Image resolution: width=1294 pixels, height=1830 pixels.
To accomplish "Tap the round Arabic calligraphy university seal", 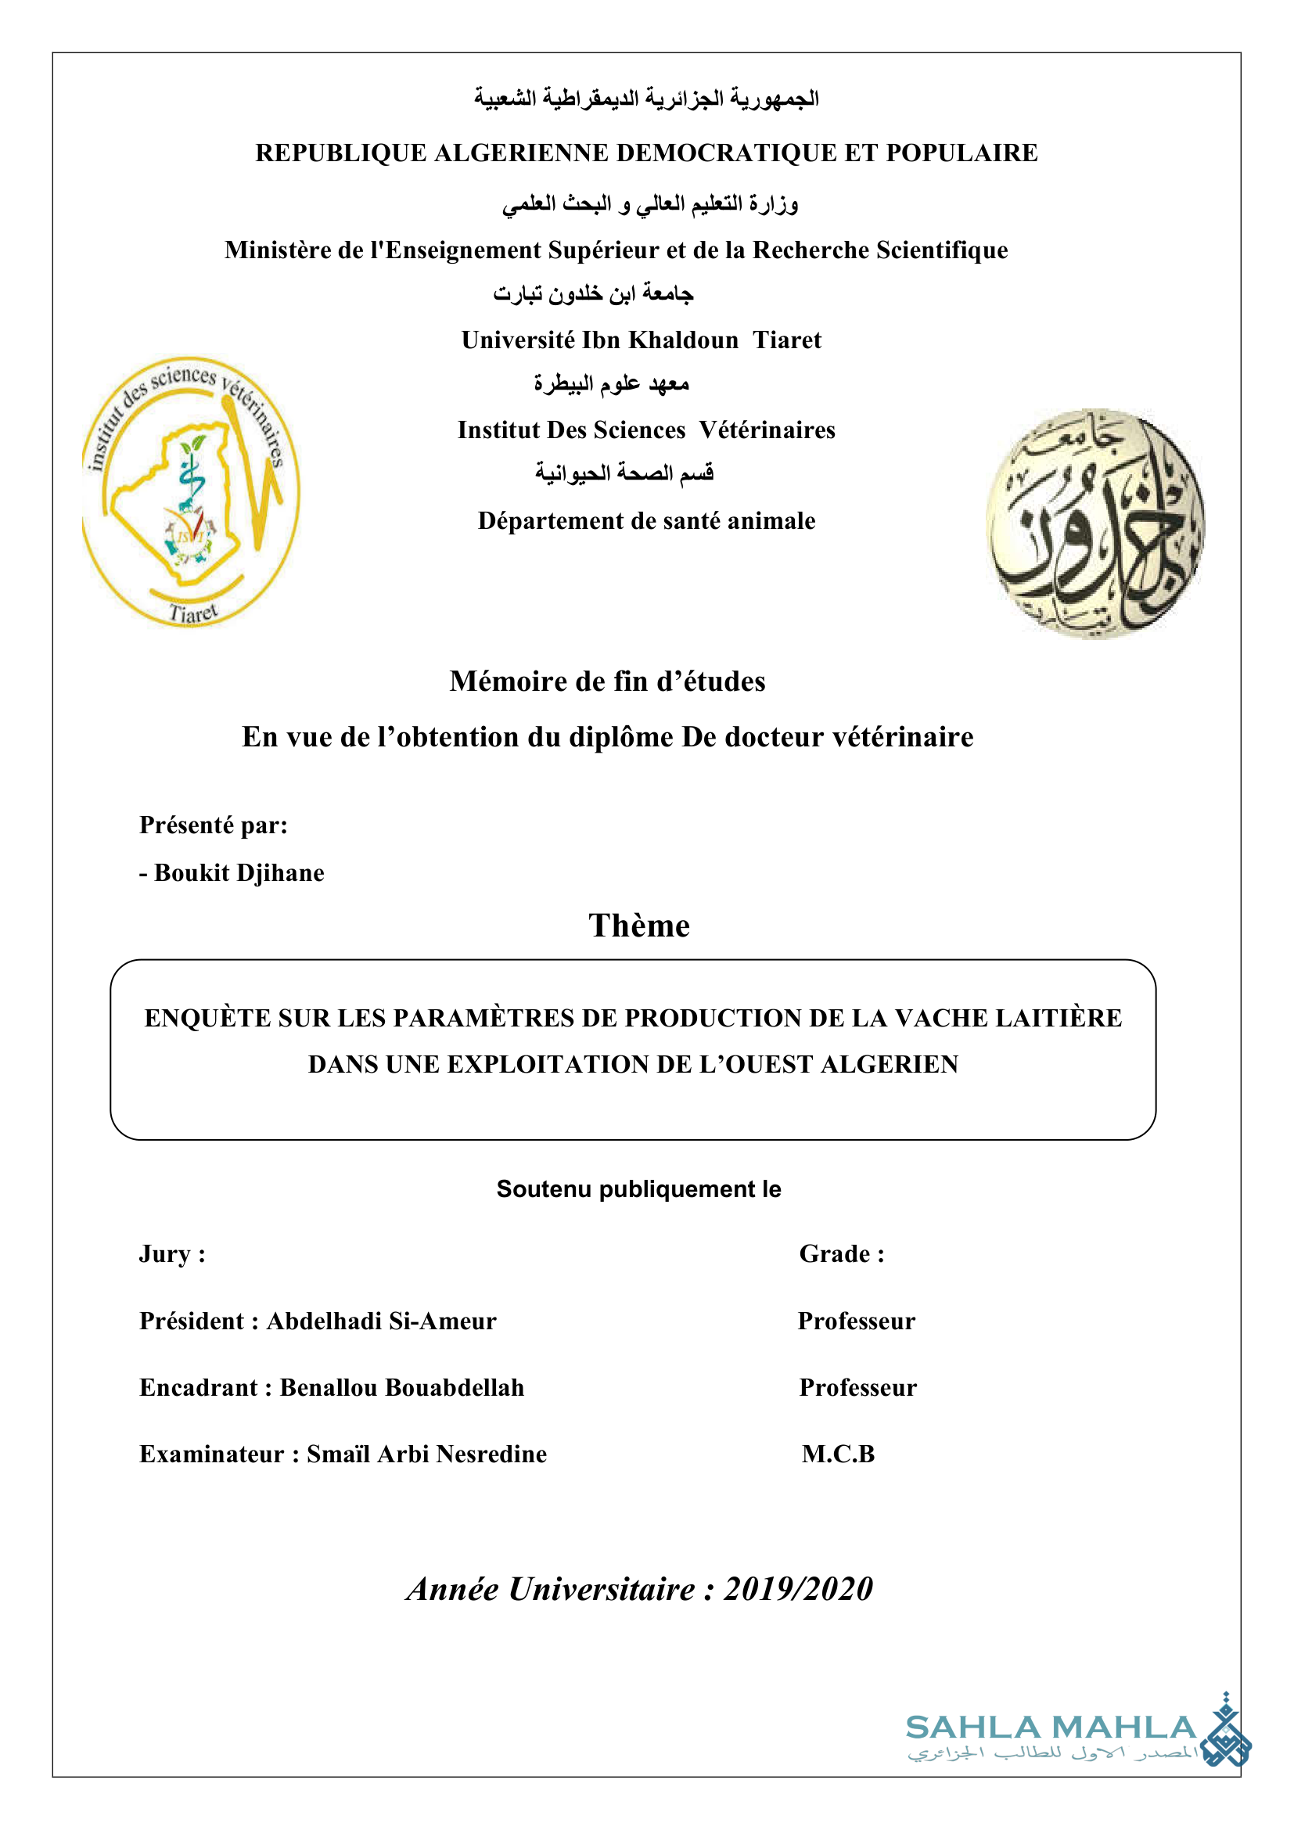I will coord(1095,523).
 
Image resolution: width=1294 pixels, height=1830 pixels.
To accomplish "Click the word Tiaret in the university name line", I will coord(786,340).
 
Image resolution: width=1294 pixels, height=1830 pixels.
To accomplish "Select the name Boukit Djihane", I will coord(239,873).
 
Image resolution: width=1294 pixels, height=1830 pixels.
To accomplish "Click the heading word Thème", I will coord(639,926).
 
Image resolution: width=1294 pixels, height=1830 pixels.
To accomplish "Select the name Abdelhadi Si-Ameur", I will coord(381,1321).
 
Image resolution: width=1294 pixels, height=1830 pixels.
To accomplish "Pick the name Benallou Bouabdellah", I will coord(401,1388).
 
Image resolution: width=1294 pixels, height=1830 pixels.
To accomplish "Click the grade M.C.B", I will coord(838,1454).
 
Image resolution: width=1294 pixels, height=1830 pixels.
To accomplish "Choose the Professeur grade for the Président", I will coord(857,1321).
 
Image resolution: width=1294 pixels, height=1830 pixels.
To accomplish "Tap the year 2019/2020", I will coord(799,1589).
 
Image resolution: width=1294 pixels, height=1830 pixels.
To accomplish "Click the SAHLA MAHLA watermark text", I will coord(1050,1728).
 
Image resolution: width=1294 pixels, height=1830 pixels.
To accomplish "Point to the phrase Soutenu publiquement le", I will coord(639,1189).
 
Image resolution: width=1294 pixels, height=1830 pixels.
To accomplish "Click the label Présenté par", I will coord(213,825).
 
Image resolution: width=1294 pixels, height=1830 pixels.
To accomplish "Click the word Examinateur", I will coord(211,1454).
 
